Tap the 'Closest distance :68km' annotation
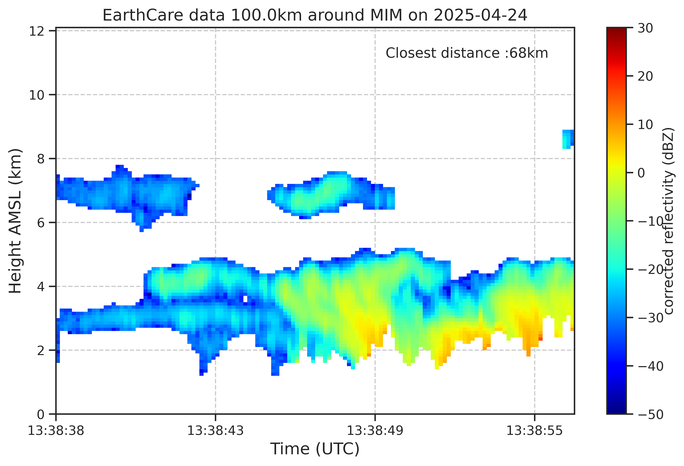[x=467, y=53]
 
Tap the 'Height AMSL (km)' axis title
[x=15, y=221]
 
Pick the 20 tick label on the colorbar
[x=645, y=76]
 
